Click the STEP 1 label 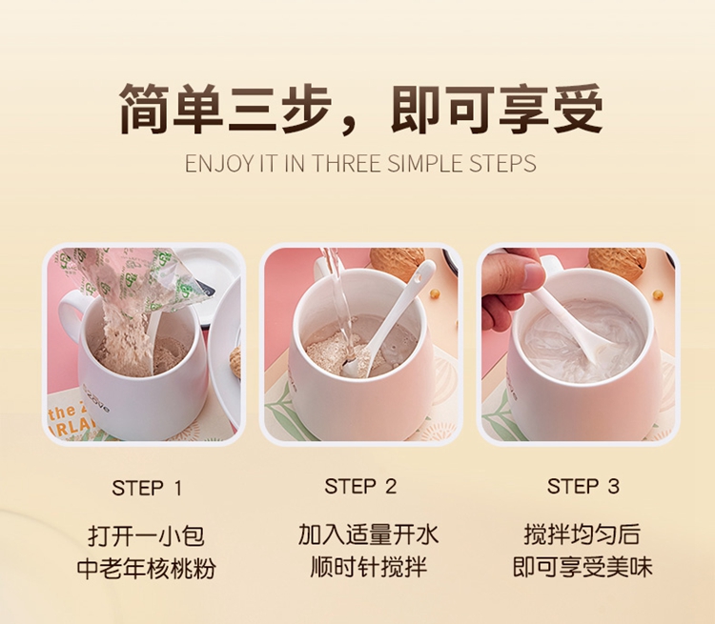pos(147,488)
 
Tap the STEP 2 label pos(360,487)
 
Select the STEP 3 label pos(583,487)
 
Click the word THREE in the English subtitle pos(346,163)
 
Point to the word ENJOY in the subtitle pos(219,163)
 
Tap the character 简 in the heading pos(146,110)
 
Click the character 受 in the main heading pos(577,110)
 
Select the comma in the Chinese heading pos(351,127)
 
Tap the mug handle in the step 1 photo pos(70,313)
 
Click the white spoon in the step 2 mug pos(397,314)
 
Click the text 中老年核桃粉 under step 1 pos(147,569)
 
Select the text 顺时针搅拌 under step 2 pos(368,567)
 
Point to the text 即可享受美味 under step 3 pos(582,567)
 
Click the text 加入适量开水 pos(368,534)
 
